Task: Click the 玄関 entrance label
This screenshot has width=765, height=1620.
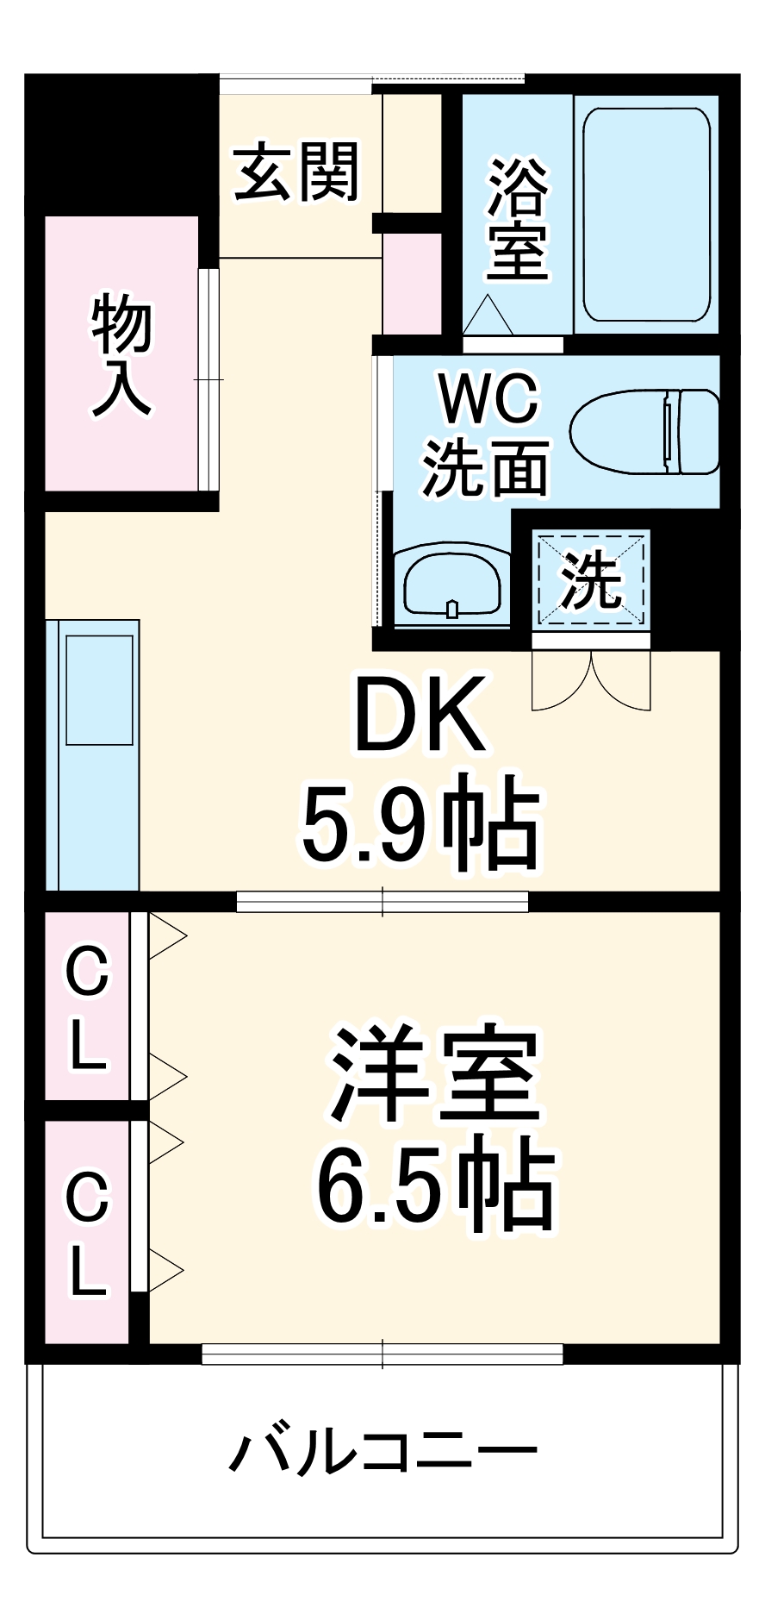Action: coord(296,172)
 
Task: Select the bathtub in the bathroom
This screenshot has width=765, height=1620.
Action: coord(646,214)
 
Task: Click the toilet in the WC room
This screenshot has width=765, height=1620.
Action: coord(644,431)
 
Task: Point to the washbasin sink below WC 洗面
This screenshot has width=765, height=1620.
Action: coord(452,584)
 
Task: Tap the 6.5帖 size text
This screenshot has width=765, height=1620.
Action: coord(435,1183)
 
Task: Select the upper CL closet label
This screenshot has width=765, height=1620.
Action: coord(88,1007)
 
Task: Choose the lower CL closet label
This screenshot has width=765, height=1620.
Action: coord(88,1233)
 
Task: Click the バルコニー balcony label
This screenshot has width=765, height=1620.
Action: coord(382,1452)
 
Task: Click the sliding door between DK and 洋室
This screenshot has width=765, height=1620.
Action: coord(382,901)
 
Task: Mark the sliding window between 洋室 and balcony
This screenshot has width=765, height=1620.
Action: coord(382,1354)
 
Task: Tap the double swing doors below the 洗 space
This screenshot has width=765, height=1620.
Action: coord(591,681)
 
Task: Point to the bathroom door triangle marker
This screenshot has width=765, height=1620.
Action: coord(488,316)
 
